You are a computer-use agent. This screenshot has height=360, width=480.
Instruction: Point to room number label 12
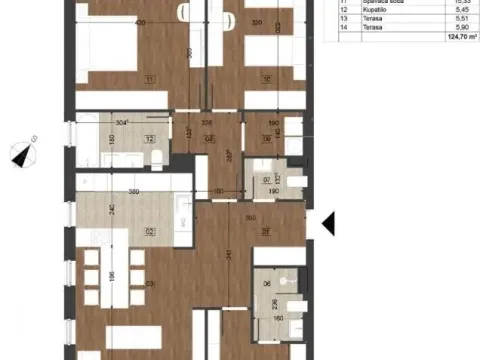(x=148, y=140)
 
